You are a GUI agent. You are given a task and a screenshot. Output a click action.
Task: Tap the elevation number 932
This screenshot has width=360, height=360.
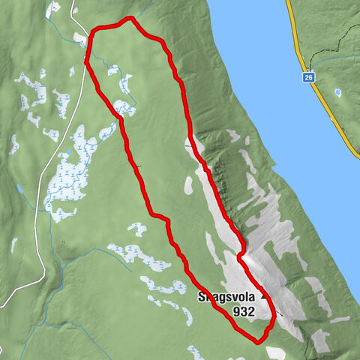click(x=244, y=310)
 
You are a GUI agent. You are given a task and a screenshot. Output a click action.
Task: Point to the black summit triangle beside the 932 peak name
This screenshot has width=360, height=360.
click(x=262, y=296)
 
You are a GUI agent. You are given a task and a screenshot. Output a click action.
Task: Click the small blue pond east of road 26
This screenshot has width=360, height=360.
click(x=338, y=93)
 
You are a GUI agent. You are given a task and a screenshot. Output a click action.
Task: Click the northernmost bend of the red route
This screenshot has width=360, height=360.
click(x=130, y=17)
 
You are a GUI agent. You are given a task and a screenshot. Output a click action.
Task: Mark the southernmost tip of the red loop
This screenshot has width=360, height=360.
click(x=258, y=342)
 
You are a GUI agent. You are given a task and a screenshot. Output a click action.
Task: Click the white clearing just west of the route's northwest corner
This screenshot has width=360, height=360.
click(x=79, y=36)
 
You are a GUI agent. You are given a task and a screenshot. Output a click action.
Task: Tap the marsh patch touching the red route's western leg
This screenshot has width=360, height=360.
click(x=124, y=109)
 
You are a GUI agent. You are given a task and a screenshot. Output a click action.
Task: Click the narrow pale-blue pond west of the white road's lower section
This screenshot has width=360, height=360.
click(x=14, y=244)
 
